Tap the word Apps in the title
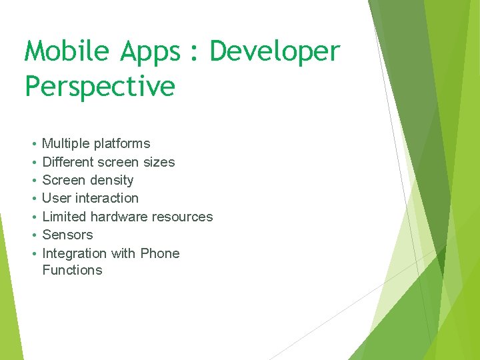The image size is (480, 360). coord(151,52)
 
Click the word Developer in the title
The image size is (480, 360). coord(275,52)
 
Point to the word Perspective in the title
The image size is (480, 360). coord(100,87)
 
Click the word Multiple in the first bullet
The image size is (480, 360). coord(66,143)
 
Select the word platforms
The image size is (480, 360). coord(122,143)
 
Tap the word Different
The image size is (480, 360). coord(68,162)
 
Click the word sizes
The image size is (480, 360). coord(160,162)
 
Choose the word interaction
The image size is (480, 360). coord(107,198)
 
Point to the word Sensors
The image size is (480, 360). coord(67,235)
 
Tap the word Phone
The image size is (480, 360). coord(160,253)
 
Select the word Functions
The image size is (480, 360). coord(72,270)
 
